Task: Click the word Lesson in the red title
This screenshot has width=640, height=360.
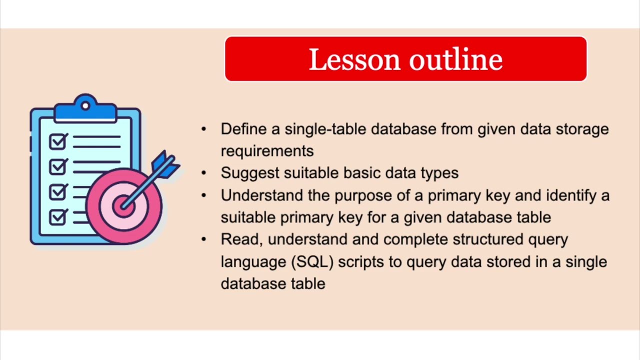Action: (355, 59)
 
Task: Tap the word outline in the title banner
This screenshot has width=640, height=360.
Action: (455, 59)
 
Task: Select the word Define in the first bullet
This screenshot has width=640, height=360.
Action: (243, 129)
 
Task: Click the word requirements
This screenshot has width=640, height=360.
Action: (267, 151)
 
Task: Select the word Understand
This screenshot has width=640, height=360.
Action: (262, 195)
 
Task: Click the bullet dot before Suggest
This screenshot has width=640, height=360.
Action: (203, 173)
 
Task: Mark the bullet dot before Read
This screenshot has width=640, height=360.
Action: (203, 239)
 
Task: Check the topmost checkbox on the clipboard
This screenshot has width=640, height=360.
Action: (58, 141)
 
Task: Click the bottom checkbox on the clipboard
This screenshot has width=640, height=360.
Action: (58, 217)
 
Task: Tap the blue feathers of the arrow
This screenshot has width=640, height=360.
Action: (166, 163)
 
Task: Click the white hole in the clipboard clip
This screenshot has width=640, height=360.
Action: (85, 105)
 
